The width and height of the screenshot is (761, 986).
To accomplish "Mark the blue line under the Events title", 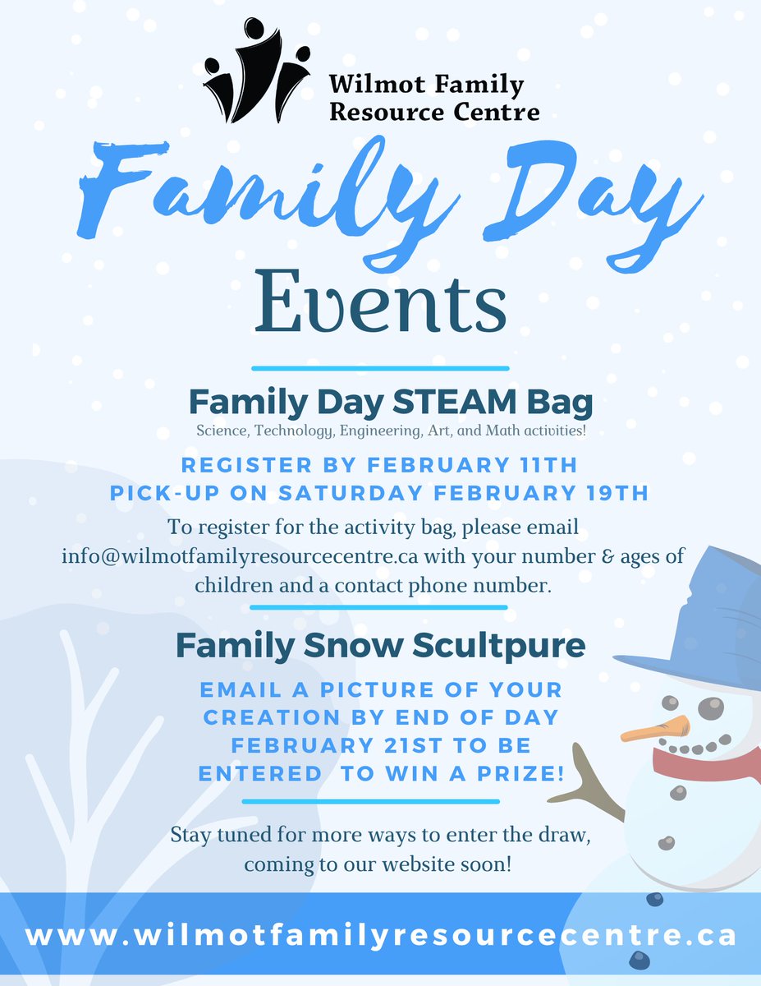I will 380,368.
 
